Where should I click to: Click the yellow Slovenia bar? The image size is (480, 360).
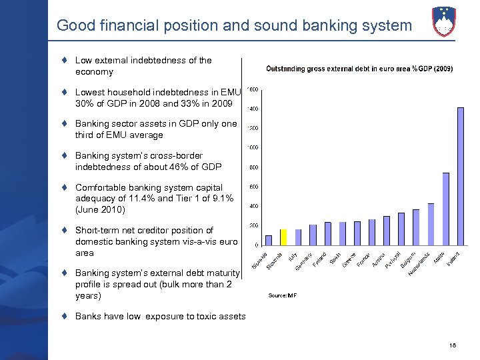283,237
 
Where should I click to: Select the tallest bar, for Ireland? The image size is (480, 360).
460,177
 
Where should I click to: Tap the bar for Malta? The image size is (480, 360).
445,209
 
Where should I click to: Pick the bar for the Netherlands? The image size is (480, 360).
431,224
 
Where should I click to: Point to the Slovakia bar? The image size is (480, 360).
269,240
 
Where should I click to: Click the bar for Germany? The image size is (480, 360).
313,235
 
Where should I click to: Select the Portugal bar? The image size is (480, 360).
401,229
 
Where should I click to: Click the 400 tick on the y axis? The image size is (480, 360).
254,206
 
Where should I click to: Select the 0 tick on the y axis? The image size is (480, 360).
257,245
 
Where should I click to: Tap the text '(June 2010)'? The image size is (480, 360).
100,210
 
